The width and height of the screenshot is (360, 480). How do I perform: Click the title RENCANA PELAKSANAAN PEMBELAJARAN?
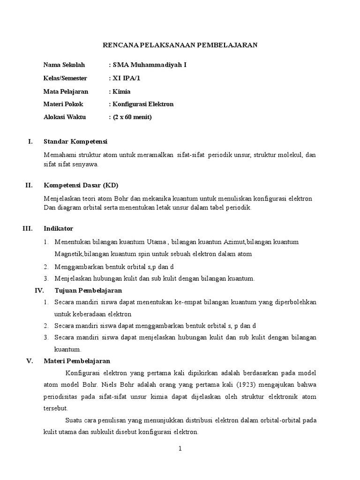[180, 45]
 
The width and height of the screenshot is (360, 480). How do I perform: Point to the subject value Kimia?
[121, 91]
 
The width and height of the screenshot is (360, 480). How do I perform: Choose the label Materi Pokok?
[63, 104]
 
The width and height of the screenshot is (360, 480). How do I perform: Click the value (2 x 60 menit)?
[132, 117]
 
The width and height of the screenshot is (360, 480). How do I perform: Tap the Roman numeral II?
[29, 185]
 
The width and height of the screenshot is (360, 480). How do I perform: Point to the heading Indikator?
[58, 229]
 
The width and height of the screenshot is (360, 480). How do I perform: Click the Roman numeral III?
[28, 229]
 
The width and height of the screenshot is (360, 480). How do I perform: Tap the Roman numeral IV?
[39, 291]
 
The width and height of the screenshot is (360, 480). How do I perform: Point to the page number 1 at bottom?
[180, 449]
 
